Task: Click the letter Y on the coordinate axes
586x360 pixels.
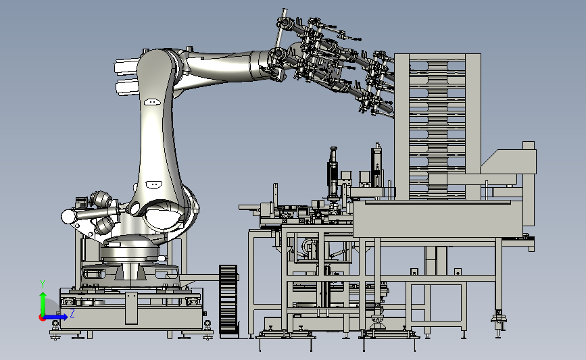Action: coord(42,284)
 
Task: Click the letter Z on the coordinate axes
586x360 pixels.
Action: coord(72,314)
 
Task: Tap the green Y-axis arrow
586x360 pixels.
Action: coord(43,301)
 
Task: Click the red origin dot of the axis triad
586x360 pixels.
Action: coord(43,316)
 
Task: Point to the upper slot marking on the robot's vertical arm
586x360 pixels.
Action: coord(151,102)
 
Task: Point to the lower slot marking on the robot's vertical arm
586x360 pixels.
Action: coord(153,184)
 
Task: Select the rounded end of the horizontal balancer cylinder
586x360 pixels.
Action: coord(68,216)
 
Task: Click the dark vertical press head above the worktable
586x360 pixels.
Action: coord(333,173)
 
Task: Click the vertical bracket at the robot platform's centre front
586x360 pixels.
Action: coord(130,307)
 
